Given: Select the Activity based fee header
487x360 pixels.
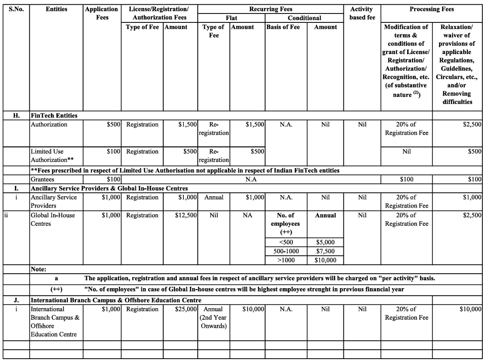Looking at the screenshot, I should [x=362, y=13].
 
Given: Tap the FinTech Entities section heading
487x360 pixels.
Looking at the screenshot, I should [x=54, y=115].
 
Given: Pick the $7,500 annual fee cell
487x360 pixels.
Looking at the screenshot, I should [x=325, y=251].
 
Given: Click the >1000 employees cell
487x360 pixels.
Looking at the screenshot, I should [x=286, y=260].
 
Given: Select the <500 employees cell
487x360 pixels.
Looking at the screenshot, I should [x=286, y=242].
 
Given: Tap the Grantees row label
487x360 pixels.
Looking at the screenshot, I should [x=42, y=179].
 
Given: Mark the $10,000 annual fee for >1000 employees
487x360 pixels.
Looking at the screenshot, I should [x=325, y=260].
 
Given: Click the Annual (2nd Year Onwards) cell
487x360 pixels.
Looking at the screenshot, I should [x=214, y=318].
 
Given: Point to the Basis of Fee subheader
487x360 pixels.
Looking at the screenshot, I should [x=283, y=27].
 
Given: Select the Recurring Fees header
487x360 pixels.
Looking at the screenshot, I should [x=271, y=9].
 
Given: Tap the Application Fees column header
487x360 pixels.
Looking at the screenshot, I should [x=102, y=13].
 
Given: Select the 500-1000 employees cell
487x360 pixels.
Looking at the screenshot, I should [x=286, y=251].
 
